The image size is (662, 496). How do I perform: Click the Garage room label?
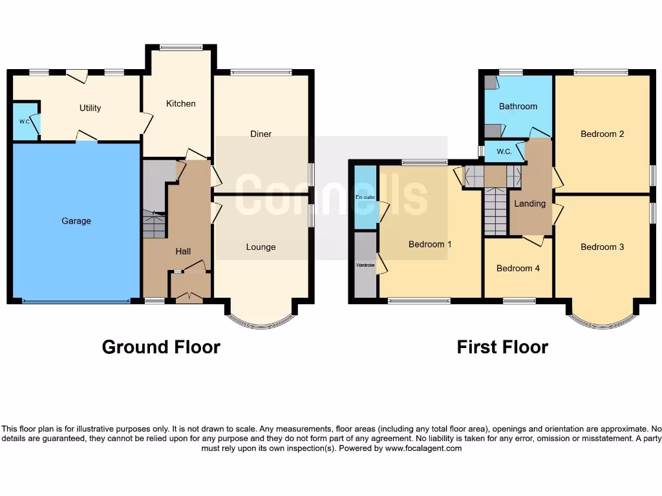pos(76,221)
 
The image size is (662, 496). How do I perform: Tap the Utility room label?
pos(91,108)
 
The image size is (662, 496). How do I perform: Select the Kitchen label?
pos(180,103)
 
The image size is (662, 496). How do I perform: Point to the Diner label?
pos(261,134)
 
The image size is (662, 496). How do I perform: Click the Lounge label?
pos(261,247)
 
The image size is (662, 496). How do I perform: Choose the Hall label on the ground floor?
pos(183,251)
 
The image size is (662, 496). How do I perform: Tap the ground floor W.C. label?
pos(25,121)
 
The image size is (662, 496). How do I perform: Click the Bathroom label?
pos(518,107)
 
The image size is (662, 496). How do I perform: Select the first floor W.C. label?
pos(505,152)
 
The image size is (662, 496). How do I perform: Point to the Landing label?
pos(529,203)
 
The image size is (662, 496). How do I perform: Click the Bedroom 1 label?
pos(430,244)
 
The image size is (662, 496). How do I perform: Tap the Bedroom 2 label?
pos(602,134)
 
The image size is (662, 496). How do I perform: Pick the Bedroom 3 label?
pos(602,247)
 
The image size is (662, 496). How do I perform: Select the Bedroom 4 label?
pos(518,268)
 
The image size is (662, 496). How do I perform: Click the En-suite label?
pos(365,196)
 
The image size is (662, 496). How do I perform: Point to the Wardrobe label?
pos(365,265)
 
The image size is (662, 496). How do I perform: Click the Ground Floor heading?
pos(161,347)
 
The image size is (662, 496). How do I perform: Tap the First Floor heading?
pos(502,347)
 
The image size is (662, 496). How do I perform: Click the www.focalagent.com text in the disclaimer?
pos(423,448)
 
